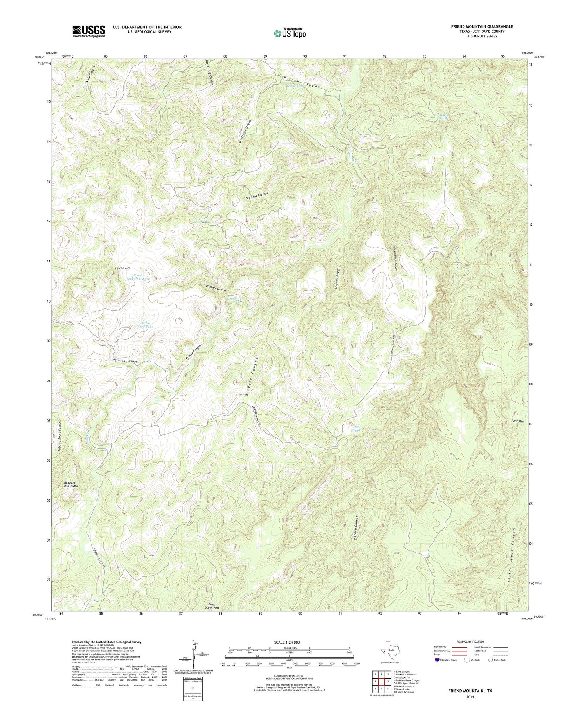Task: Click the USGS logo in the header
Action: pyautogui.click(x=89, y=31)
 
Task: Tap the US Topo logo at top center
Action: pyautogui.click(x=290, y=33)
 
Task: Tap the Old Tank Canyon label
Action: pyautogui.click(x=257, y=196)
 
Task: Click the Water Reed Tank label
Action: pyautogui.click(x=145, y=325)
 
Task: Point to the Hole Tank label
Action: pyautogui.click(x=356, y=429)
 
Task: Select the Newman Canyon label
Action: pyautogui.click(x=125, y=361)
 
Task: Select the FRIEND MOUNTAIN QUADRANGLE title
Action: pyautogui.click(x=482, y=26)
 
